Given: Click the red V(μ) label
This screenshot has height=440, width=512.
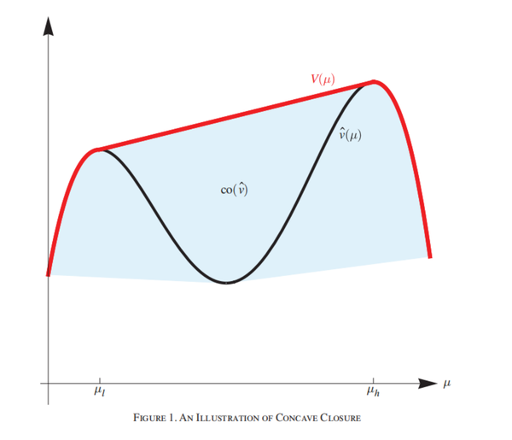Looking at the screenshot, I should tap(322, 79).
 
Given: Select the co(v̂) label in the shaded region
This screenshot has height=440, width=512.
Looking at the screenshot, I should tap(234, 190).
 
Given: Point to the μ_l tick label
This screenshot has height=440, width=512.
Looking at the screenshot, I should tap(99, 394).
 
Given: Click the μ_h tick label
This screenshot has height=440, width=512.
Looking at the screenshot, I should tap(373, 394).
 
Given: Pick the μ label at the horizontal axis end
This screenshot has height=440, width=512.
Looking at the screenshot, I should tap(446, 384).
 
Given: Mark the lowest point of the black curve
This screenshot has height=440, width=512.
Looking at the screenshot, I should tap(226, 282).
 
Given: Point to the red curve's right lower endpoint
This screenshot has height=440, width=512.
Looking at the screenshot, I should tap(429, 256).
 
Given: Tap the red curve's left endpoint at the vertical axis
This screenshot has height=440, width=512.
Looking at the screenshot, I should tap(49, 275).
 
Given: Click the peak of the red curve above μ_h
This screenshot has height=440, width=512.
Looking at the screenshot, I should tap(375, 82).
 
